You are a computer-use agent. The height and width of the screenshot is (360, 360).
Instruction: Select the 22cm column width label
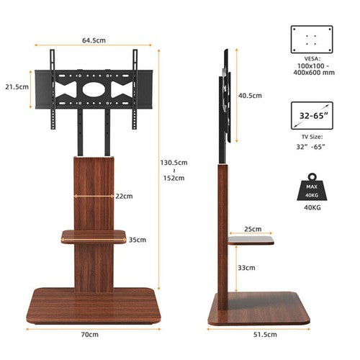pyautogui.click(x=124, y=196)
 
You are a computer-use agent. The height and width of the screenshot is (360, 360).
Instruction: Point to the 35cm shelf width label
pyautogui.click(x=138, y=240)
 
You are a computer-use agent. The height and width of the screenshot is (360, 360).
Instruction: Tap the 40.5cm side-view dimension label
pyautogui.click(x=250, y=95)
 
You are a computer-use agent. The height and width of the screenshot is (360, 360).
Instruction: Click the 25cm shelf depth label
pyautogui.click(x=253, y=230)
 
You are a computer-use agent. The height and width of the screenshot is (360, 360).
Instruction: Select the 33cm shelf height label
pyautogui.click(x=246, y=268)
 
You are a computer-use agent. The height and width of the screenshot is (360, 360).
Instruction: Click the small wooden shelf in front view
pyautogui.click(x=94, y=235)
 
